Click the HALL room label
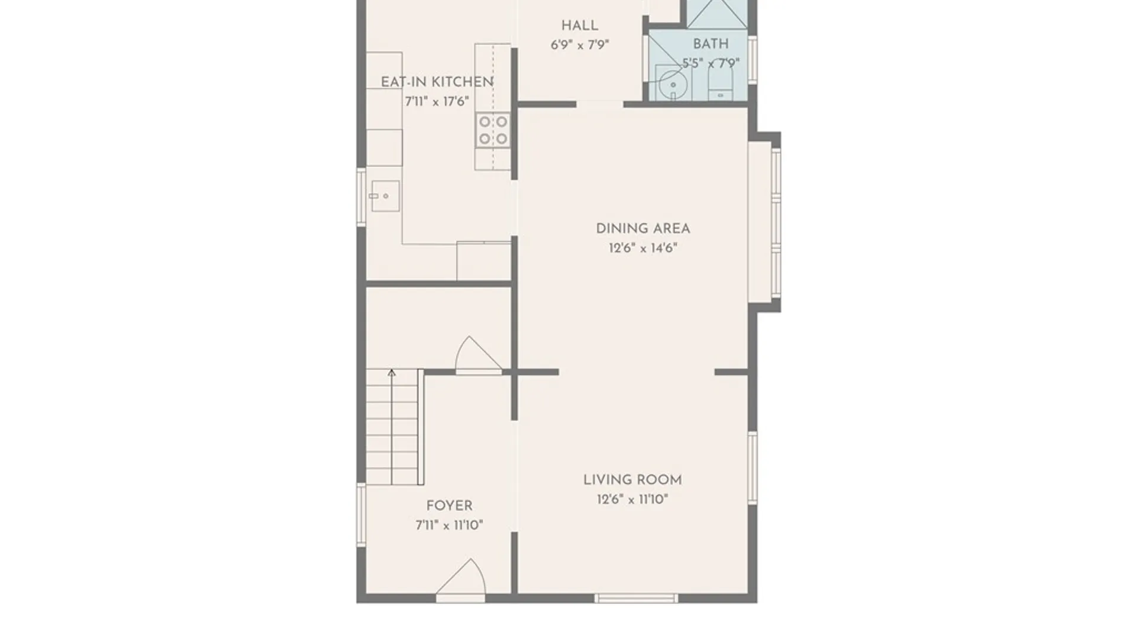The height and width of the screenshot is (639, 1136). (579, 25)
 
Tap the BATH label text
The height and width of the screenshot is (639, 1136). (711, 44)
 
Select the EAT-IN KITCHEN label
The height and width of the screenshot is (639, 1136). (437, 82)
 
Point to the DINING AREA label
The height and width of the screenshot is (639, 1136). (643, 228)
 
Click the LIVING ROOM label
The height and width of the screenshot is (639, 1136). (632, 480)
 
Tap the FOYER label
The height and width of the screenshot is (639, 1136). (449, 506)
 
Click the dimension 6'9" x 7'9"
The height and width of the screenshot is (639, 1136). (580, 45)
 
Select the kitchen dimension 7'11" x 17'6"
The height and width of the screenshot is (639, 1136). (437, 102)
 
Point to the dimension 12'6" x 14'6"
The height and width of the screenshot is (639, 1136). (643, 248)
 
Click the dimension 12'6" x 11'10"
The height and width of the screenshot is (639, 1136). (632, 499)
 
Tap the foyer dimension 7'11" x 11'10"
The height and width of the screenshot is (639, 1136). (449, 525)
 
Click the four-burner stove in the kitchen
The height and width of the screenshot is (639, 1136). (493, 130)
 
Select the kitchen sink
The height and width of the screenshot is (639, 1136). (385, 196)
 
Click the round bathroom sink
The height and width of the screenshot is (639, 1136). (673, 85)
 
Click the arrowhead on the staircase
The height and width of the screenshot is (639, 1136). (391, 373)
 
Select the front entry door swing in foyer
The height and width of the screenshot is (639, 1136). (461, 577)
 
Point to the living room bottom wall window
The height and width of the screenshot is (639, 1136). (636, 598)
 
